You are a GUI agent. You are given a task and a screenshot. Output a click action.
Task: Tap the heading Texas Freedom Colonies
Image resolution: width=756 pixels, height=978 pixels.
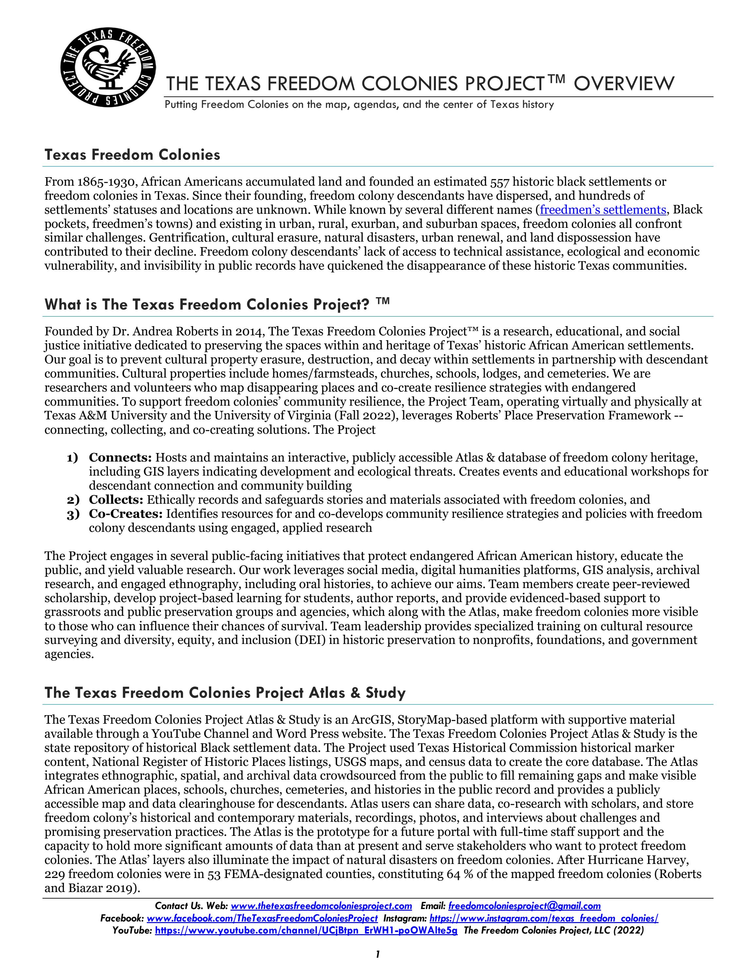132,155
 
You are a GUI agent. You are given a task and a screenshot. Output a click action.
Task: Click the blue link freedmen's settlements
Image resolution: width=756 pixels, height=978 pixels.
603,210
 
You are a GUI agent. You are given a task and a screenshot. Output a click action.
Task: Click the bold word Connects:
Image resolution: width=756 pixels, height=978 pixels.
120,458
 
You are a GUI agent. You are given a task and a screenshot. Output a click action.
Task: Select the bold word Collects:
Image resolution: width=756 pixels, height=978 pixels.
116,500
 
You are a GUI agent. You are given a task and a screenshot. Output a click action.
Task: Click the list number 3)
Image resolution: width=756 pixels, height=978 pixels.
73,514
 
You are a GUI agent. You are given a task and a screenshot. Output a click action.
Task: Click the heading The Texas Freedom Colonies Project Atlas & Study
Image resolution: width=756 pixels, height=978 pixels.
225,693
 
